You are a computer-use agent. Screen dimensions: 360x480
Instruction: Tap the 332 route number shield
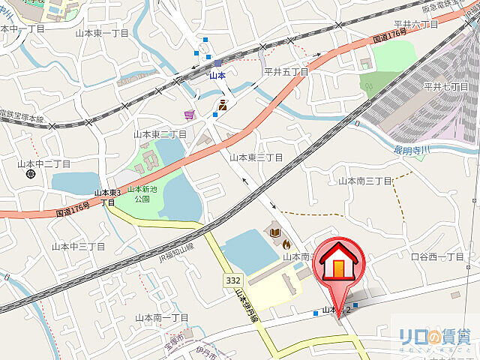pos(232,280)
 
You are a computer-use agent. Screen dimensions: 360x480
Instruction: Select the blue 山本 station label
pos(217,75)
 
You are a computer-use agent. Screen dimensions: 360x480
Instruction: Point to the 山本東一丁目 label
pos(103,34)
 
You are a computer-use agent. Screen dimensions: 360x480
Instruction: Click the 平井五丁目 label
pos(286,72)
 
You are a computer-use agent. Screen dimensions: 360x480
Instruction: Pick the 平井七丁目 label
pos(445,87)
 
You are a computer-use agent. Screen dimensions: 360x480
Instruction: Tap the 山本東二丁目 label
pos(160,134)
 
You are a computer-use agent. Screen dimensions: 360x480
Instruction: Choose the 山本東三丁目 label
pos(256,157)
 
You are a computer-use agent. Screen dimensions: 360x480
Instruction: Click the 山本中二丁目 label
pos(44,163)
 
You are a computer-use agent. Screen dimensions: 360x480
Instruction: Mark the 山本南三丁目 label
pos(365,181)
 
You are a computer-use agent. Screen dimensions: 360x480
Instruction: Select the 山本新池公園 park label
pos(142,194)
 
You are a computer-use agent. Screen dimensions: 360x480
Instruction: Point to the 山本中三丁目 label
pos(78,246)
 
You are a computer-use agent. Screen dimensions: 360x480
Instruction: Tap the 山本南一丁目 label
pos(162,317)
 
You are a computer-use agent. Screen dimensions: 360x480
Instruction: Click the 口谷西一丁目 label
pos(439,256)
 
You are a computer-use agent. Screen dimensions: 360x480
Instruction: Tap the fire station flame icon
pos(286,243)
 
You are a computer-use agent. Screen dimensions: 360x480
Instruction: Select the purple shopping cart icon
pos(190,115)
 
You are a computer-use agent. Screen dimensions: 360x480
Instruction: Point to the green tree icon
pos(368,86)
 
